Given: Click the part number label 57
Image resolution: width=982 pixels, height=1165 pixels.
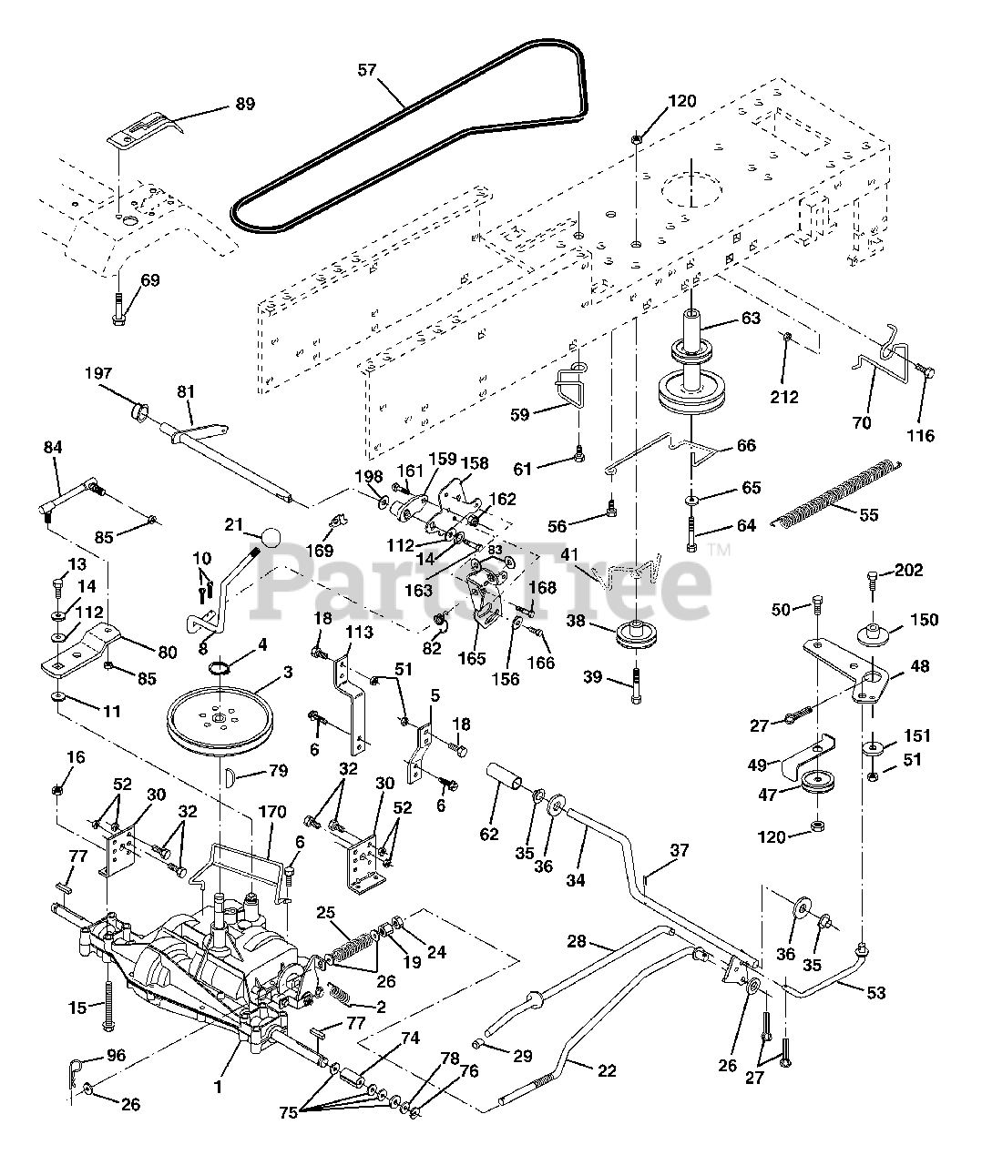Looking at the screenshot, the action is [367, 70].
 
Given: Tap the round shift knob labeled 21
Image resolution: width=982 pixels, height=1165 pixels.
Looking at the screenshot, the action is [271, 536].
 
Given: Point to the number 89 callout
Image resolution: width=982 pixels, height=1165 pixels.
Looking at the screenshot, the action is [245, 104].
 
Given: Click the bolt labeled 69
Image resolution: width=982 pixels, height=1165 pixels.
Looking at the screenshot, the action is [118, 309].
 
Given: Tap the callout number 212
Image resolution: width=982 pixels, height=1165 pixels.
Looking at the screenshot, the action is [783, 397].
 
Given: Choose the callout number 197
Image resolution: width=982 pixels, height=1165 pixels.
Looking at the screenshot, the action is [98, 373].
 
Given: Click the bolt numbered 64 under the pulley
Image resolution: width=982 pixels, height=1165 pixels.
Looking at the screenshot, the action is [691, 534].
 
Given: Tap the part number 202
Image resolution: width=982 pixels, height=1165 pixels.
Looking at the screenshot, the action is [908, 570].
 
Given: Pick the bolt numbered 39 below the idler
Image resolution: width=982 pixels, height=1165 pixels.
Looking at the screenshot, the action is [636, 685].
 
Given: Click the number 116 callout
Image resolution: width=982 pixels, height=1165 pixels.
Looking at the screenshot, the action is [921, 435].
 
